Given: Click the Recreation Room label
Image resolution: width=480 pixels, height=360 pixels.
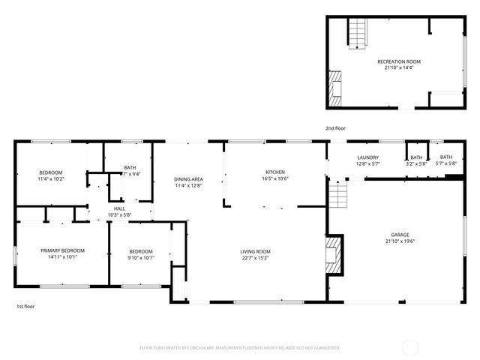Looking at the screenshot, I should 398,61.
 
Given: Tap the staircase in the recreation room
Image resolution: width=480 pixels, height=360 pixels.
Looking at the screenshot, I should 358,34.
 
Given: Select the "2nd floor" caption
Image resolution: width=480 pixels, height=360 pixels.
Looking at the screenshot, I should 335,129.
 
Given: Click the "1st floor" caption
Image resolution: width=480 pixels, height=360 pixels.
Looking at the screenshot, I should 25,306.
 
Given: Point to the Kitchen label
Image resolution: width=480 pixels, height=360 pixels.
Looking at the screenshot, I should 274,172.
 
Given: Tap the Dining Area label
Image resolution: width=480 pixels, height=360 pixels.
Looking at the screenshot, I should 188,179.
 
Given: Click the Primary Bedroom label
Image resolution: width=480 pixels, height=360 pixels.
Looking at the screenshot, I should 62,250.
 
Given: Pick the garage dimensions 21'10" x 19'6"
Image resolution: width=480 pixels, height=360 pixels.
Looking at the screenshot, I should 400,241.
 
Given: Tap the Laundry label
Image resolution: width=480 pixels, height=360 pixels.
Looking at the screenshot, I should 367,157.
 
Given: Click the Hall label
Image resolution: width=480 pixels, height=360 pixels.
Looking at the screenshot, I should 119,208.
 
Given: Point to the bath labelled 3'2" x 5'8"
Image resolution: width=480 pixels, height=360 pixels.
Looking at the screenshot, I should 416,163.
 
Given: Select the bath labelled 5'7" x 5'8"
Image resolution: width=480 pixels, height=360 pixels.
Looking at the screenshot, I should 446,163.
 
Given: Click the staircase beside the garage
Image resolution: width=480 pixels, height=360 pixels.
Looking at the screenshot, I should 340,196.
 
